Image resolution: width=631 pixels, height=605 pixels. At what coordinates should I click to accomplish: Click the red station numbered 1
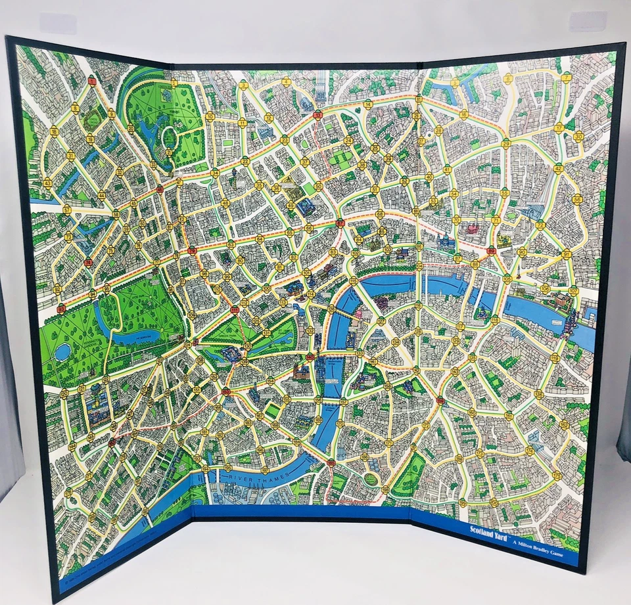coord(92,81)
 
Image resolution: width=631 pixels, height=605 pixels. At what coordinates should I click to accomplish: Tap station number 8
coord(75,109)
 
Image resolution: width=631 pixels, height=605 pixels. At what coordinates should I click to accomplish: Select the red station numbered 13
coord(317,114)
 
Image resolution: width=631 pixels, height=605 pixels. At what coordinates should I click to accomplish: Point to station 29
coord(505,143)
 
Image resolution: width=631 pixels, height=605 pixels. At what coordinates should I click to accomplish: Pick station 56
coord(577,198)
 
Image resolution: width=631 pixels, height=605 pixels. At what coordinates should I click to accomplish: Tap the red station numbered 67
coord(340,223)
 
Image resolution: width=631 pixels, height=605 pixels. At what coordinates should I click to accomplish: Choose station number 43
coord(47,183)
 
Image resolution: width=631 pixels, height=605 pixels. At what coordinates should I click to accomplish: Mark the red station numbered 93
coord(61,307)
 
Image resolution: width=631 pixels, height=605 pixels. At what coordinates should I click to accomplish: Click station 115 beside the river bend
coord(353,280)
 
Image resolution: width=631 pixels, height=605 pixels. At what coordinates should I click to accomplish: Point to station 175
coord(557,474)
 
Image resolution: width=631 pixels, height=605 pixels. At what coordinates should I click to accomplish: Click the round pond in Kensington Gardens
coord(62,352)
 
